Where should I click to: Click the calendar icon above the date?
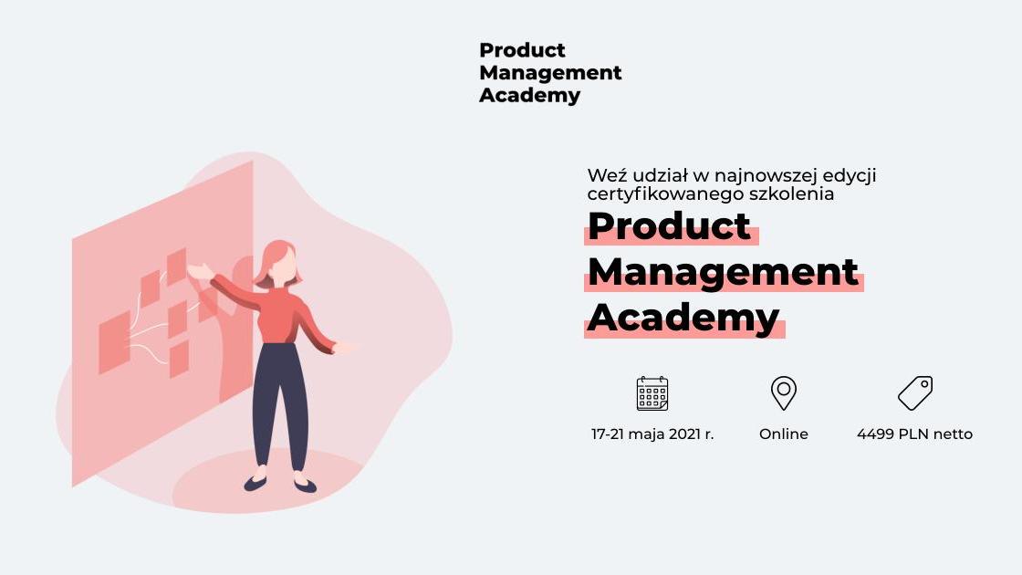coord(652,393)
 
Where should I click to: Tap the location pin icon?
coord(784,393)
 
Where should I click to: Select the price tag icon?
coord(915,393)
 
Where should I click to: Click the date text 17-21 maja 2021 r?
coord(652,434)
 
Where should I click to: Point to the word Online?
coord(784,434)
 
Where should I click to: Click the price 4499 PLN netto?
coord(914,434)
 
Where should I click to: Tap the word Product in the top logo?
coord(522,50)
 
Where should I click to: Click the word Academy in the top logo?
coord(529,96)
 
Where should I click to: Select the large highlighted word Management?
coord(723,272)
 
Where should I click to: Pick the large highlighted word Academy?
coord(683,319)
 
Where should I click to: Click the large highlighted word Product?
coord(669,225)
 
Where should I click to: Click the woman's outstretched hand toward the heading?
coord(345,348)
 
